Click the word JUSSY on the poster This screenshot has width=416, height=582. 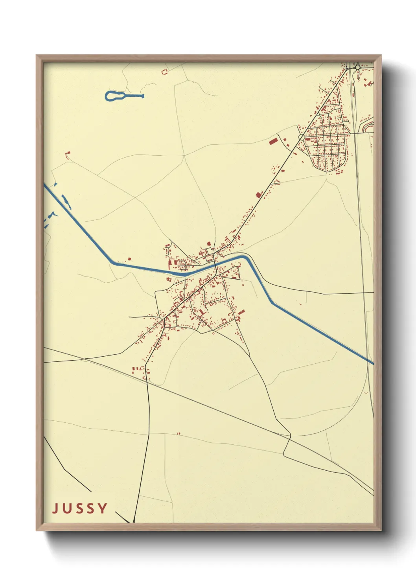80,508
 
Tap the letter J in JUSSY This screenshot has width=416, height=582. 55,508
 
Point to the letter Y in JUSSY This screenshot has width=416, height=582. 103,508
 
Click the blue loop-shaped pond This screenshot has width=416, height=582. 113,96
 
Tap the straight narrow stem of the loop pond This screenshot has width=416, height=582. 134,96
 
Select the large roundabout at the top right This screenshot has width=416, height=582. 357,68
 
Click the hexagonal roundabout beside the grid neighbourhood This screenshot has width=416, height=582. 301,137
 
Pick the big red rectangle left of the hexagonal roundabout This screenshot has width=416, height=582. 273,140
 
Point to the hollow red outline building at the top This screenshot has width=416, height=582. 164,72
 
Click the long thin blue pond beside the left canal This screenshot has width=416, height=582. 66,202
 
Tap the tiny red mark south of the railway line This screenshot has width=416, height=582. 178,433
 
